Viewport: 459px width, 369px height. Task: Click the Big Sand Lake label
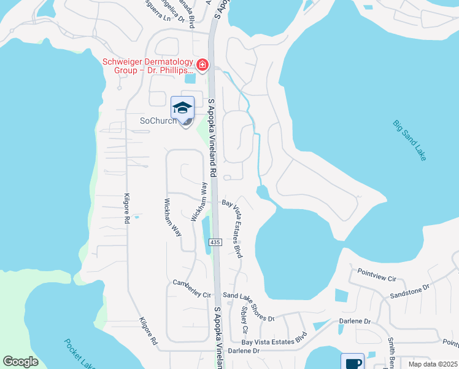[x=410, y=141]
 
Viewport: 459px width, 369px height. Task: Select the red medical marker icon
[x=202, y=65]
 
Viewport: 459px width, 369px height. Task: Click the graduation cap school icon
[x=182, y=108]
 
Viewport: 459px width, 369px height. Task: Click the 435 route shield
[x=214, y=243]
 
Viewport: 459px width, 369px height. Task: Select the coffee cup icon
[x=353, y=363]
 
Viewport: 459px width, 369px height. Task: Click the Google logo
[x=20, y=362]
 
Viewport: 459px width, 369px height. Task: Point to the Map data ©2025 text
[x=433, y=364]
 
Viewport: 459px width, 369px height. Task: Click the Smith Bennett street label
[x=390, y=354]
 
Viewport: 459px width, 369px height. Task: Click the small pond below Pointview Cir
[x=341, y=295]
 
